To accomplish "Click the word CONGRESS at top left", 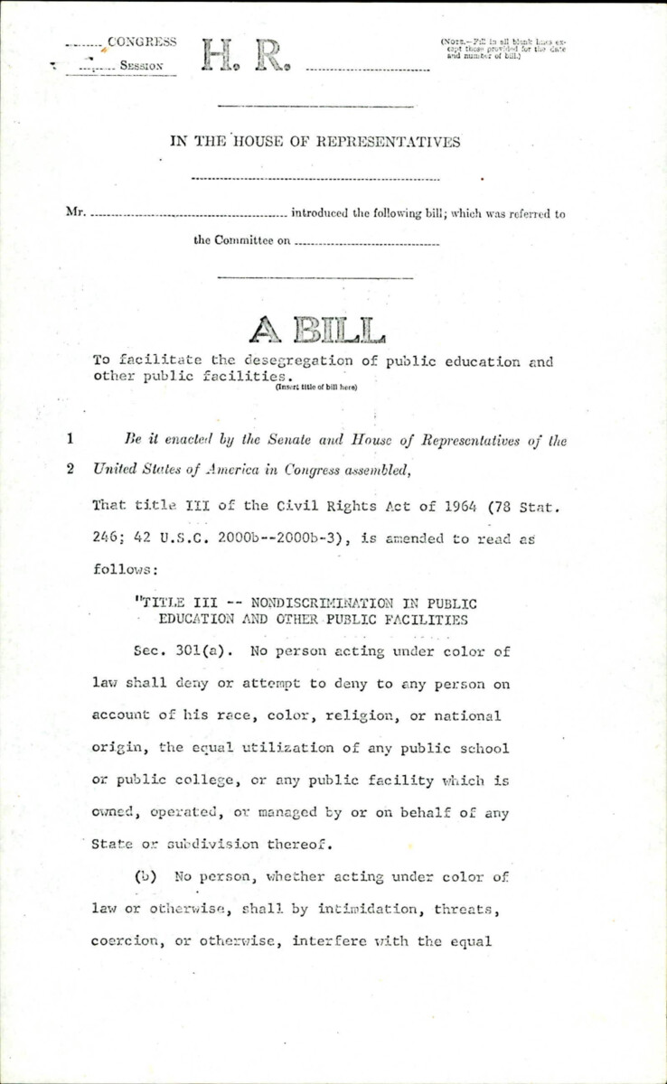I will point(141,41).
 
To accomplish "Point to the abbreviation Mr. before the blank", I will point(77,214).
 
